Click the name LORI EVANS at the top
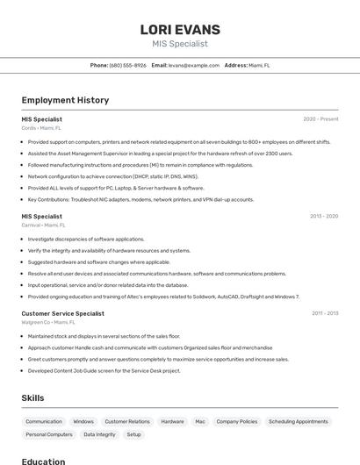point(180,30)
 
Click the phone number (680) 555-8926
point(128,65)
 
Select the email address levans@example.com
point(194,65)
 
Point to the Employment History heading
point(65,100)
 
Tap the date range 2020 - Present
point(320,119)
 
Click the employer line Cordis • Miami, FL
point(41,128)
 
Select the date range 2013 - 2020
point(323,216)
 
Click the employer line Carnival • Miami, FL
point(44,225)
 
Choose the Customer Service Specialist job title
point(62,313)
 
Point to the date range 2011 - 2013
point(325,313)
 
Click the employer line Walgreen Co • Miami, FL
point(48,322)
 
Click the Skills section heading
point(32,398)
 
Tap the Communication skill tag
point(44,421)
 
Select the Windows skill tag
point(83,421)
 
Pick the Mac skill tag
point(200,421)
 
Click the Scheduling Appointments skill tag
point(298,421)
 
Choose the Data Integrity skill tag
point(99,434)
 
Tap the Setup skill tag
point(133,434)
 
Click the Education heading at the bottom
point(43,461)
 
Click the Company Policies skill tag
point(237,421)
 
